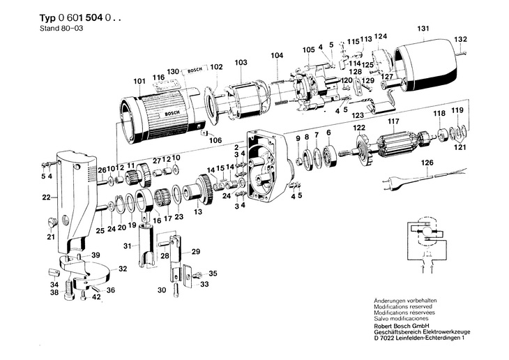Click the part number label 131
pos(423,29)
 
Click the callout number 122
pos(358,128)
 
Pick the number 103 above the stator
pos(241,63)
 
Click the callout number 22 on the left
pos(45,197)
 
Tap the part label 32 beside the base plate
pos(122,269)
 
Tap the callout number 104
pos(277,55)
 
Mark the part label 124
pos(380,36)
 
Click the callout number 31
pos(127,246)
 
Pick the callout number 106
pos(215,140)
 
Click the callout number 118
pos(439,113)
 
